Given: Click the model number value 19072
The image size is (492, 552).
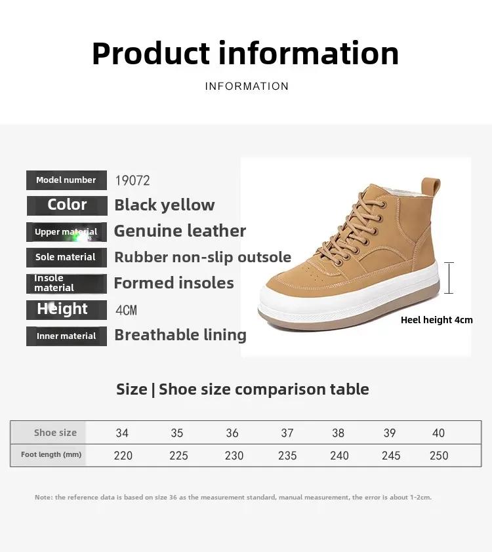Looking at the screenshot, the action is (x=133, y=180).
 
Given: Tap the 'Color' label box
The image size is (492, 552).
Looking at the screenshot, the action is (x=67, y=206).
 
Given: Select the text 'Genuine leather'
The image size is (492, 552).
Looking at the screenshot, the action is (x=180, y=231).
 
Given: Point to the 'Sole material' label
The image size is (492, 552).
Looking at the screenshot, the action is (x=66, y=258).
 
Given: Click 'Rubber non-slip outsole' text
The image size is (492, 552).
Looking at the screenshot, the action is (x=203, y=257).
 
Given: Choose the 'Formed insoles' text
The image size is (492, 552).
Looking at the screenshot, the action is (x=174, y=283).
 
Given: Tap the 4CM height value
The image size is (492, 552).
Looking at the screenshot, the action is (x=126, y=310).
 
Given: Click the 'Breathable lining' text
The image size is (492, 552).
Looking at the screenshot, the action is (x=180, y=335).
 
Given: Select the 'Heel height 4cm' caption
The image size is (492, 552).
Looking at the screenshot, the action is (x=437, y=320).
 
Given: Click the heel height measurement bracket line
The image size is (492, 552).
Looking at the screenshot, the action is (x=449, y=278).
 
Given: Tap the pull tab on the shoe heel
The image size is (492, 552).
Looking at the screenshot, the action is (x=431, y=187).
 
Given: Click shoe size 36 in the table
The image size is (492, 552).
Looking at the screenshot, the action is (x=232, y=433).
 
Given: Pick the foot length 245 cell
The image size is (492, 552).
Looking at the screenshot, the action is (x=391, y=456).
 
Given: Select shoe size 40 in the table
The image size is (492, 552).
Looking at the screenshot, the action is (x=438, y=433).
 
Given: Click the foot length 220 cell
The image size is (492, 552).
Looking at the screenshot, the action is (x=123, y=456).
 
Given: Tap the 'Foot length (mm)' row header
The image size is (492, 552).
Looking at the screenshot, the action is (x=51, y=454).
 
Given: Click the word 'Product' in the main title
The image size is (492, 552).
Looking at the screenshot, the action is (x=151, y=54).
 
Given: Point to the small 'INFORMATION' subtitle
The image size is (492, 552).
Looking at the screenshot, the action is (x=247, y=87).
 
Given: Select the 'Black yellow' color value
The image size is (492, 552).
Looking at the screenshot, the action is (x=165, y=205).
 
